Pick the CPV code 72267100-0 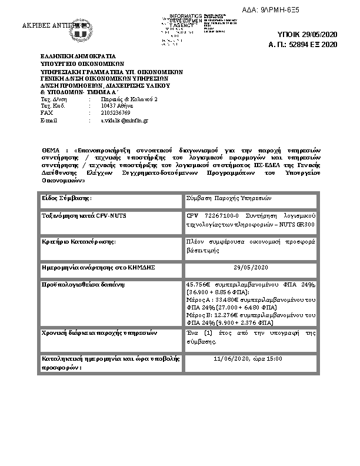click(214, 216)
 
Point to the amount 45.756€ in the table click(198, 285)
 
